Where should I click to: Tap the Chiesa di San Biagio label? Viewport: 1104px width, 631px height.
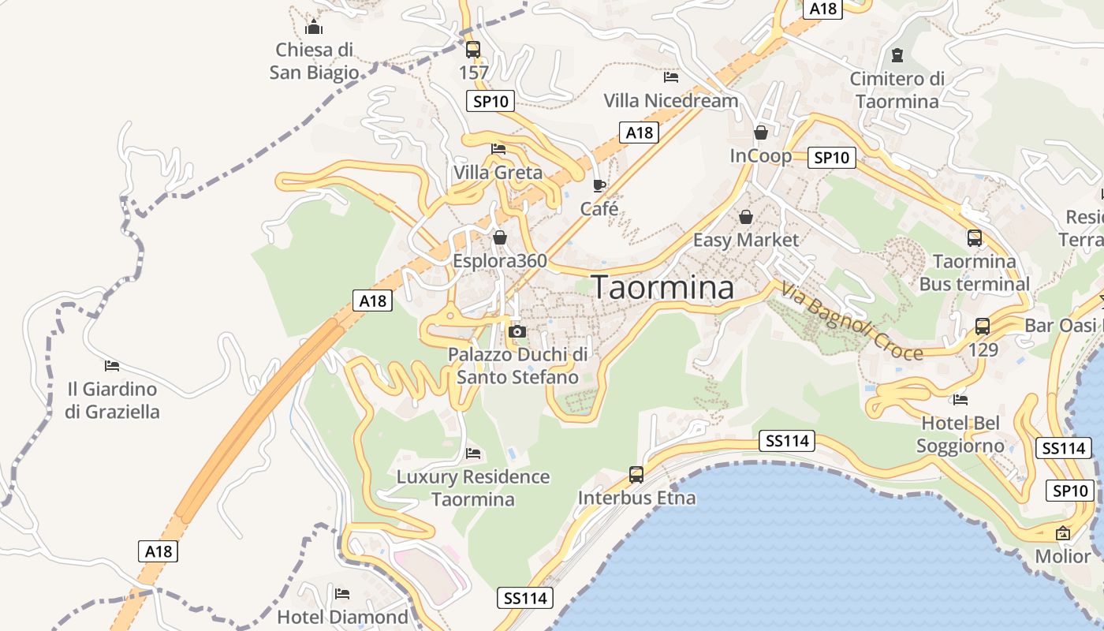click(x=314, y=62)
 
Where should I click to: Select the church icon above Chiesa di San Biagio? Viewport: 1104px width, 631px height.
click(x=314, y=28)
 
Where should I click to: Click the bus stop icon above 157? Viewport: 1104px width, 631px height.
click(x=473, y=50)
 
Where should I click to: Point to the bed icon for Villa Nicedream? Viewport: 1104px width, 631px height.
click(x=671, y=77)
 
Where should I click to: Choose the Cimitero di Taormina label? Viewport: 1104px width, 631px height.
click(x=897, y=90)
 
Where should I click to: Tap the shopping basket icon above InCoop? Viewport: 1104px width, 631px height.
click(x=761, y=133)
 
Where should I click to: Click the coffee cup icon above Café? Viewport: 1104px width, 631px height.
click(x=599, y=186)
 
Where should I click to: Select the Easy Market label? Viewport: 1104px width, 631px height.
click(x=746, y=240)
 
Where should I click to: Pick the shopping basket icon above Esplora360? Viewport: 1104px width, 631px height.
click(x=500, y=237)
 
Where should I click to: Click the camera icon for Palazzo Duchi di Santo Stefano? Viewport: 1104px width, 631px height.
click(x=517, y=332)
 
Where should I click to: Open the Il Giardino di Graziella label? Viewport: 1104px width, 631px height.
click(x=112, y=400)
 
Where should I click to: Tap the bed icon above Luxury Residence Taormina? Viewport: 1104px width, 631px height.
click(x=473, y=454)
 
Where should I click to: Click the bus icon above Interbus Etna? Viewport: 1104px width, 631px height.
click(x=636, y=475)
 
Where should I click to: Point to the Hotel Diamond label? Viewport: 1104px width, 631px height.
click(x=342, y=617)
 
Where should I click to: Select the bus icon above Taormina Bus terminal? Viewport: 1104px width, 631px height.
click(x=975, y=238)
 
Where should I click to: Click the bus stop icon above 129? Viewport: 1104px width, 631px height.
click(x=983, y=327)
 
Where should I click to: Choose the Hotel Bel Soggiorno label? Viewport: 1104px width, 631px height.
click(x=960, y=435)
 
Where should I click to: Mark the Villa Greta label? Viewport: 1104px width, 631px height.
click(x=498, y=173)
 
